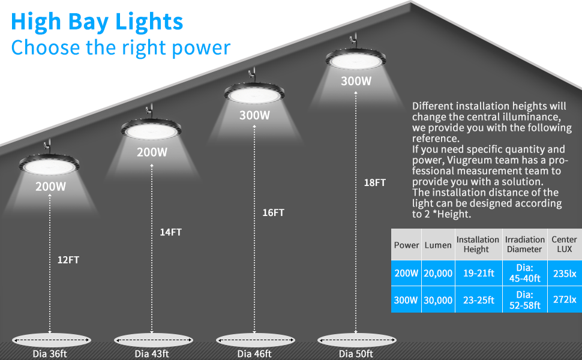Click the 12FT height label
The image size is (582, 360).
[x=68, y=260]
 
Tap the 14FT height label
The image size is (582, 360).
[x=170, y=233]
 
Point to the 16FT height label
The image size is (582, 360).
[x=273, y=212]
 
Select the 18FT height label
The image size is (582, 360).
[x=375, y=182]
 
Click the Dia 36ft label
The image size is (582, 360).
[x=50, y=353]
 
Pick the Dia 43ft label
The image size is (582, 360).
[x=151, y=353]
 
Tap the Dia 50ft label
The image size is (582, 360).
[x=355, y=353]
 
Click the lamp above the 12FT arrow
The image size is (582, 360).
[x=50, y=163]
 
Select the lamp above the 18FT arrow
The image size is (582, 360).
[x=356, y=61]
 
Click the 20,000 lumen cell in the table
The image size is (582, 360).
[x=438, y=273]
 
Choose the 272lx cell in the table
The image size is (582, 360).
[x=565, y=299]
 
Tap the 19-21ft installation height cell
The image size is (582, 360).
[x=478, y=273]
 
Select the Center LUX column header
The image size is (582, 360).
[x=564, y=244]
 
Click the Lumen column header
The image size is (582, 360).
[x=438, y=245]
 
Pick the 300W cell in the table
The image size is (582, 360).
[x=406, y=299]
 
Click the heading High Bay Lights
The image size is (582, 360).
[x=97, y=22]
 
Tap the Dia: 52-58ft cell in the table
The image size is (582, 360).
[x=524, y=299]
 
